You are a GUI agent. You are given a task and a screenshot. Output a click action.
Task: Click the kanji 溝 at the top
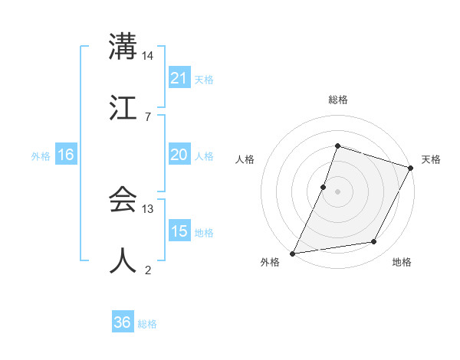click(x=123, y=47)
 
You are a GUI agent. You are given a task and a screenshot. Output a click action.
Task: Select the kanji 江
click(x=123, y=106)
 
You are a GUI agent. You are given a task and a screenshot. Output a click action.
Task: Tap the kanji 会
click(x=123, y=200)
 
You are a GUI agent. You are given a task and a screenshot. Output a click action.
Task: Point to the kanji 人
click(x=123, y=260)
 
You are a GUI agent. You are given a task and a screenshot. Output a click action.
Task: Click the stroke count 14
click(x=148, y=56)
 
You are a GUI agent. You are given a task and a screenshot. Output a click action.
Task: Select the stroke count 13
click(x=148, y=209)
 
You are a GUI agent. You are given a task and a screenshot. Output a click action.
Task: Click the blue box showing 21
click(x=179, y=78)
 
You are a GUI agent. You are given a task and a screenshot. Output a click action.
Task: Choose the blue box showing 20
click(x=179, y=155)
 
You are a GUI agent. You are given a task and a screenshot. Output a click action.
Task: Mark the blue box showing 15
click(x=179, y=231)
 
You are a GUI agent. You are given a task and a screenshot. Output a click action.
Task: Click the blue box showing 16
click(x=66, y=155)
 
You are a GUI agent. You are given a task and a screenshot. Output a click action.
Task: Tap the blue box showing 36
click(x=122, y=322)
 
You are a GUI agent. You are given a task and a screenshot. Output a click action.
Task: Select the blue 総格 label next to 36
click(x=147, y=324)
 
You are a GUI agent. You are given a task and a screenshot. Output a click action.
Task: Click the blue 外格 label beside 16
click(x=41, y=156)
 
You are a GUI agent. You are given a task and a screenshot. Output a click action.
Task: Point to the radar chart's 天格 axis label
click(x=432, y=159)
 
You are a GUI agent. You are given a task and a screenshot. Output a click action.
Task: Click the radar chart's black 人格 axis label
click(x=245, y=159)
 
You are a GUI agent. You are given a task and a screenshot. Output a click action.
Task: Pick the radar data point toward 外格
click(x=293, y=253)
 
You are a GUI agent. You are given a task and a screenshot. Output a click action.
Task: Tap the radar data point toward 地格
click(x=374, y=242)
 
